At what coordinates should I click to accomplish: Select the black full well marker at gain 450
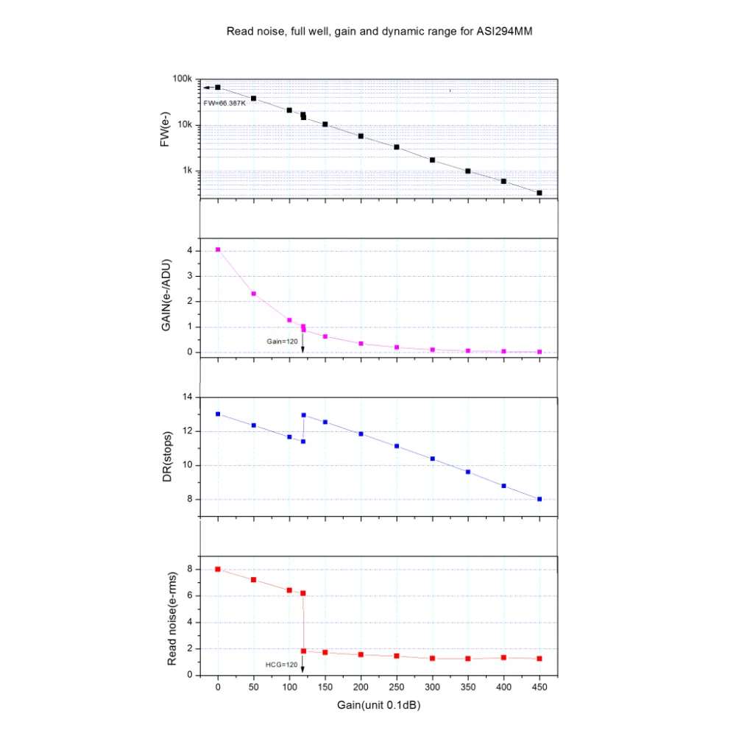pos(539,193)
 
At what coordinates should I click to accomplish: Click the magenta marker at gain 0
pos(218,250)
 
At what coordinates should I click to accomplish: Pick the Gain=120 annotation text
pos(282,341)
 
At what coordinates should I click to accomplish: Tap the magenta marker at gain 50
pos(254,294)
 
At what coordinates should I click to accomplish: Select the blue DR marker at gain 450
pos(539,499)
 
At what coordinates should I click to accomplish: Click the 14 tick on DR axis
pos(186,397)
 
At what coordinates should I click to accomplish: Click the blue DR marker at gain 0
pos(218,414)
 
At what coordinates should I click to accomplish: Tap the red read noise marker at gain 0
pos(218,569)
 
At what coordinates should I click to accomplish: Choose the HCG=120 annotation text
pos(281,665)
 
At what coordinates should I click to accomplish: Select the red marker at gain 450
pos(539,659)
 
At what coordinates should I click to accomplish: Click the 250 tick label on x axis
pos(397,687)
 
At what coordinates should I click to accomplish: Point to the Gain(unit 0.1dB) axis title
pos(378,704)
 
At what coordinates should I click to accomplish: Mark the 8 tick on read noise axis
pos(189,569)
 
